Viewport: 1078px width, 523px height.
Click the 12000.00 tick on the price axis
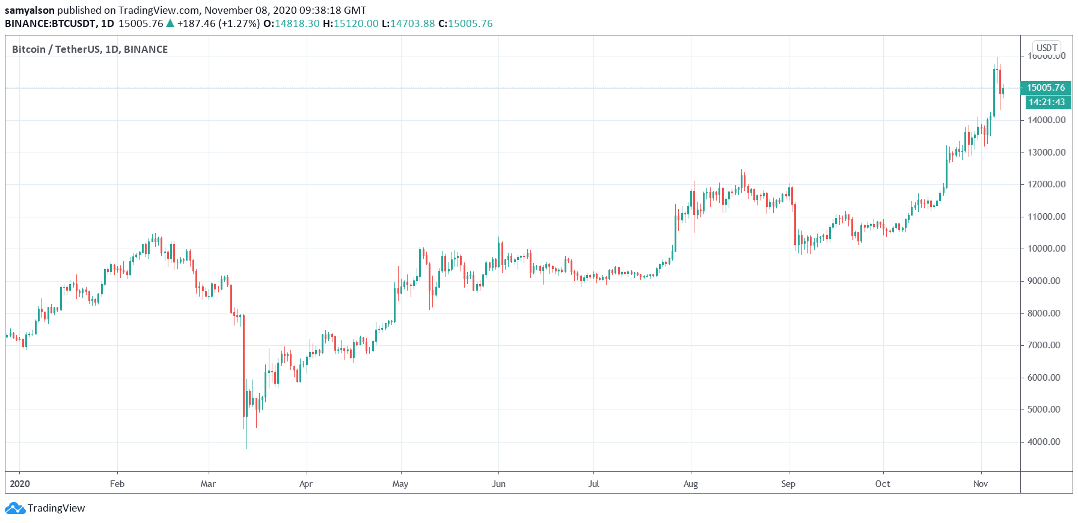pos(1046,184)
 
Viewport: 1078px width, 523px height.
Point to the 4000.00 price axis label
pos(1046,442)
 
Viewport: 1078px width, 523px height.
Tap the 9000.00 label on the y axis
pos(1046,281)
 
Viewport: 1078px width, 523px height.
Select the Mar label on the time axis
pos(208,484)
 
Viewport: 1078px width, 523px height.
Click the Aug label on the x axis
pos(691,484)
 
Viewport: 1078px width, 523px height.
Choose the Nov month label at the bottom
pos(980,484)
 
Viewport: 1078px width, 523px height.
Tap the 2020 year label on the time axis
pos(20,484)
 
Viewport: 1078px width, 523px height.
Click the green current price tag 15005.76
pos(1046,88)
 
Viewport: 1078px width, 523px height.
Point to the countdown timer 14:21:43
pos(1046,102)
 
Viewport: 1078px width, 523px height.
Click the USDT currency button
pos(1047,47)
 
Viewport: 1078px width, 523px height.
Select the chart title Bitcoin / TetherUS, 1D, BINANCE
pos(90,49)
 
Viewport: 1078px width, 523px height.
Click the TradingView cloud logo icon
pos(15,509)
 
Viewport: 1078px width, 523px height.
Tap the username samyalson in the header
pos(29,10)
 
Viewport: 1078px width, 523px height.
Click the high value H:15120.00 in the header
pos(351,23)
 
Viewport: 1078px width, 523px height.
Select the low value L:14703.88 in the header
pos(408,23)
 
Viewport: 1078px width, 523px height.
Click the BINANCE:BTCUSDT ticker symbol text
pos(51,23)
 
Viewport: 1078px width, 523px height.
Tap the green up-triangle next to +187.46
pos(170,23)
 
